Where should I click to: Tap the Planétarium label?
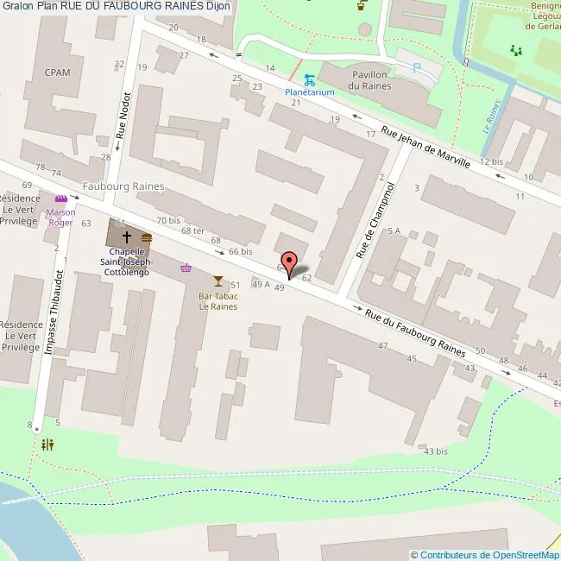tap(310, 91)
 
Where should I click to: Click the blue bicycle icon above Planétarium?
tap(309, 79)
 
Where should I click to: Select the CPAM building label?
tap(57, 72)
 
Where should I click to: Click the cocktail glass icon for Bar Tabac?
tap(217, 280)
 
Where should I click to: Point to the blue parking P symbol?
tap(418, 68)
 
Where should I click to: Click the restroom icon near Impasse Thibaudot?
tap(47, 444)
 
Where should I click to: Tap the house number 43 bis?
tap(435, 451)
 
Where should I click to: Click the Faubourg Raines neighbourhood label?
tap(123, 186)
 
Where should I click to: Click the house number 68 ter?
tap(192, 230)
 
